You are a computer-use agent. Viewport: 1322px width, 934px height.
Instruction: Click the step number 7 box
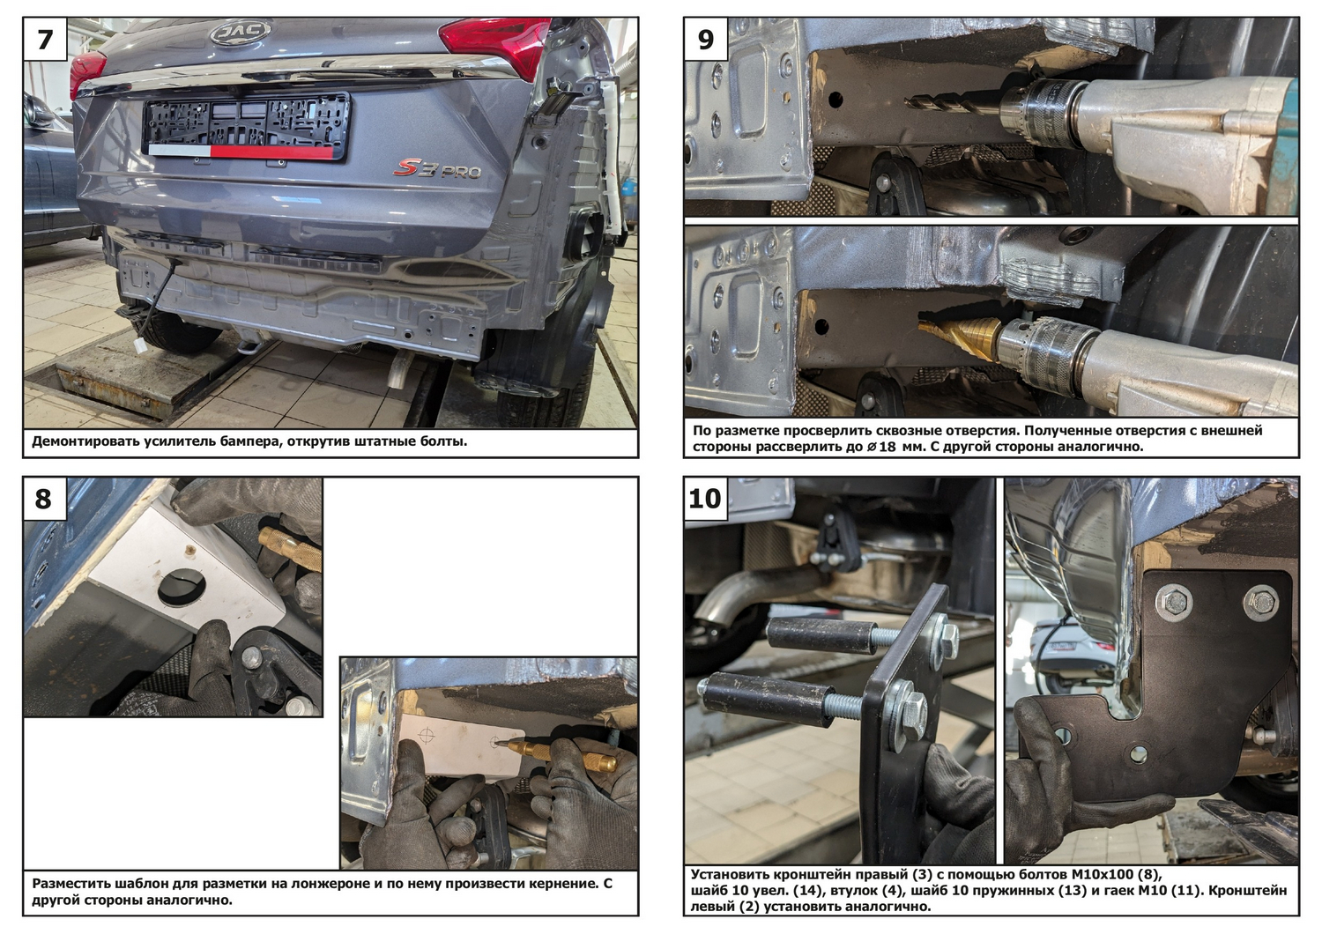[45, 39]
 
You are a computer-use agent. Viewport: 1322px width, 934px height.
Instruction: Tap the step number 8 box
[45, 499]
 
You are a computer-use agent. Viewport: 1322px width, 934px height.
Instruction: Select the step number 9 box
[706, 39]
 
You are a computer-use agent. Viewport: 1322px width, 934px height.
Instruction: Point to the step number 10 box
[706, 499]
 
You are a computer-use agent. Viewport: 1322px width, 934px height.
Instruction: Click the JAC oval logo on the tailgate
[241, 32]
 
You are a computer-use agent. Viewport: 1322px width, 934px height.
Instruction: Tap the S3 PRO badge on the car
[437, 169]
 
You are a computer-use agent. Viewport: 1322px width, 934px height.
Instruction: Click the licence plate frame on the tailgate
[246, 126]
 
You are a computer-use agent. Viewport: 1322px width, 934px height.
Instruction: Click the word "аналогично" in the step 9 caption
[1102, 446]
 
